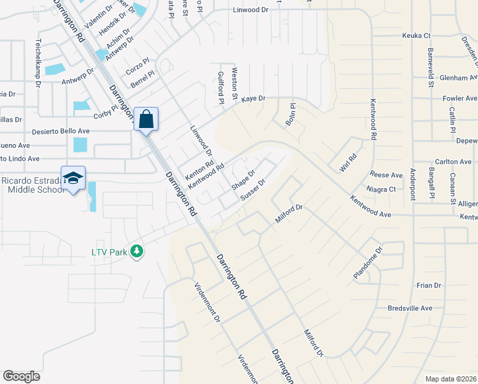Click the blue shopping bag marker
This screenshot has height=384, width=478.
click(x=146, y=119)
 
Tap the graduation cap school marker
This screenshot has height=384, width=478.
click(x=73, y=178)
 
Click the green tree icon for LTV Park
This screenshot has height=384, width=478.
click(x=135, y=252)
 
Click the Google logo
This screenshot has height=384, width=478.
click(x=21, y=376)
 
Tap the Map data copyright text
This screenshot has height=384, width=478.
click(x=451, y=379)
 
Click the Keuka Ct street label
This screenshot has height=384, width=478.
click(x=417, y=36)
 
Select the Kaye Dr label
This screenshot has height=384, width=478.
click(x=252, y=99)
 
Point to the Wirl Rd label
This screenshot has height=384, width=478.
click(x=347, y=163)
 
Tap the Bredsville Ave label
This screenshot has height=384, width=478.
click(x=410, y=308)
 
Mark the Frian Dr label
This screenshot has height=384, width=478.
click(x=428, y=285)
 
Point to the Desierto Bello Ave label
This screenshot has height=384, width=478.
click(x=61, y=131)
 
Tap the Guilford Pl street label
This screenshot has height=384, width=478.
click(x=221, y=88)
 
